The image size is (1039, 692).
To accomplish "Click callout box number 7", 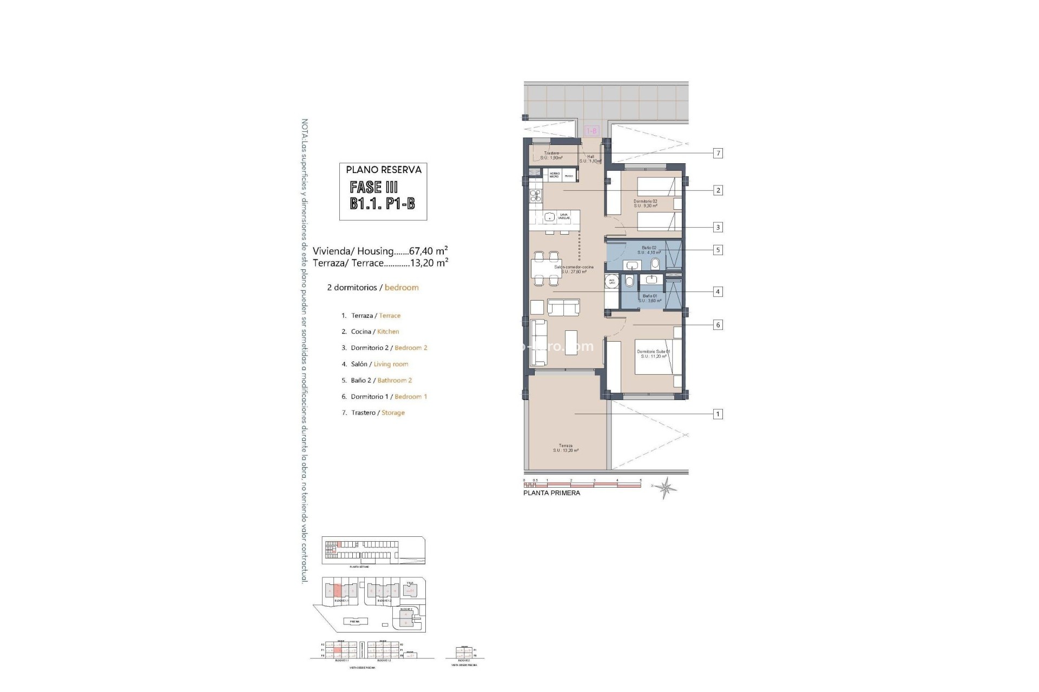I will click(718, 154).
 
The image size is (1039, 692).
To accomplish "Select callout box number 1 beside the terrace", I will click(718, 414).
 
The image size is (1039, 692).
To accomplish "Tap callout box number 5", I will click(718, 250).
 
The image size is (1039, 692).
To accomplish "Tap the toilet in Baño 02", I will click(655, 264).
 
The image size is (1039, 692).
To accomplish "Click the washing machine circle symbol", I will click(612, 282).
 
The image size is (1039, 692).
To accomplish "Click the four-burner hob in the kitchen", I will click(156, 196).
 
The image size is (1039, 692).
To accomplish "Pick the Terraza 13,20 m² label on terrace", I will click(565, 448).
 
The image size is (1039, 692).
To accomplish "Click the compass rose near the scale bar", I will click(665, 487).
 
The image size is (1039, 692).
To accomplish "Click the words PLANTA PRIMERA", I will click(551, 493).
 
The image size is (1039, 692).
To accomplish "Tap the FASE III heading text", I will click(374, 188).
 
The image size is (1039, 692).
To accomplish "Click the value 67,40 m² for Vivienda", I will click(428, 251).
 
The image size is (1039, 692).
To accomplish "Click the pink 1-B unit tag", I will click(591, 131).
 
